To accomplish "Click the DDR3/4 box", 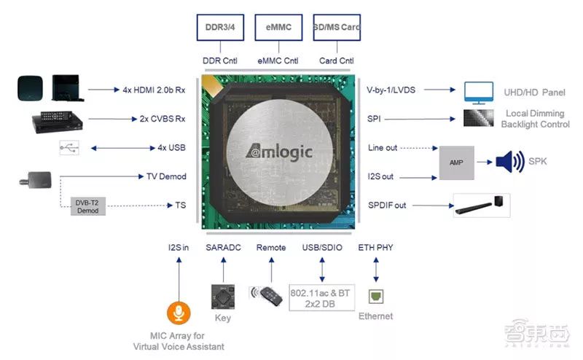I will [x=218, y=27].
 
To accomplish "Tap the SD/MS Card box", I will [x=337, y=27].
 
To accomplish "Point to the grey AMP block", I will [x=457, y=162].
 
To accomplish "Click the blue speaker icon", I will [x=509, y=162].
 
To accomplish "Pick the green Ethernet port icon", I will [x=376, y=297].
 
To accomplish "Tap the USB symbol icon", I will [x=69, y=148].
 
